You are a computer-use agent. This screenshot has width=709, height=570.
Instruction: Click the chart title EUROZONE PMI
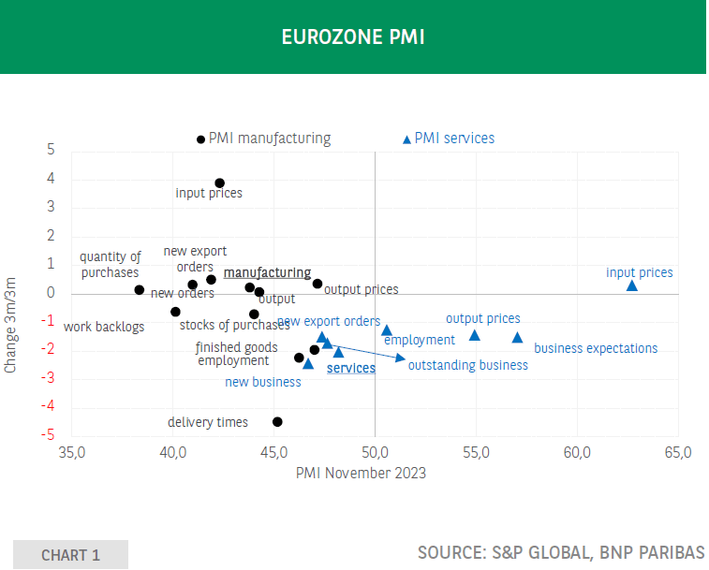coord(353,37)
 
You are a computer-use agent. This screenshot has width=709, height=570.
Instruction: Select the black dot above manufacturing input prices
coord(219,183)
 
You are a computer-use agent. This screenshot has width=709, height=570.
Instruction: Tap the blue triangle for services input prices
coord(631,285)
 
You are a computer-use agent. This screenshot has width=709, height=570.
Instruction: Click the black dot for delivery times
coord(277,422)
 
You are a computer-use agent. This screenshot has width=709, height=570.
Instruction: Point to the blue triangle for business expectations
coord(517,338)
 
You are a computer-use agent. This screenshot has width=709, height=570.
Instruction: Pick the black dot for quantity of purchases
coord(140,290)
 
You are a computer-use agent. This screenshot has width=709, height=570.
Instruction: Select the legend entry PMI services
coord(454,139)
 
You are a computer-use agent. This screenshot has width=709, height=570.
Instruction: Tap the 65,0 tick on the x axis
coord(677,453)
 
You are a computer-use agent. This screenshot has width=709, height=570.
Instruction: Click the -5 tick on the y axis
coord(50,436)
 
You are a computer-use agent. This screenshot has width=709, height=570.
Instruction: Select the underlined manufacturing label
coord(267,272)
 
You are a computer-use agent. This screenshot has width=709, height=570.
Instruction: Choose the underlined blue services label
coord(350,369)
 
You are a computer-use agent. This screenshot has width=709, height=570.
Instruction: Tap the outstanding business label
coord(467,365)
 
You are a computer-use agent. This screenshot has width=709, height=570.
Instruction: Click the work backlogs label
coord(104,327)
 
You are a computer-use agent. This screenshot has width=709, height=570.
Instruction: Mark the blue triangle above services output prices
coord(475,335)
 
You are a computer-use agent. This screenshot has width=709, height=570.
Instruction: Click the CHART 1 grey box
coord(70,555)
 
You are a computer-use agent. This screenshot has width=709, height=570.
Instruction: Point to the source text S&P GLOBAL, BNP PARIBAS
coord(561,551)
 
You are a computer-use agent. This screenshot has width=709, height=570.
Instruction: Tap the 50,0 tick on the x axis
coord(375,453)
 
